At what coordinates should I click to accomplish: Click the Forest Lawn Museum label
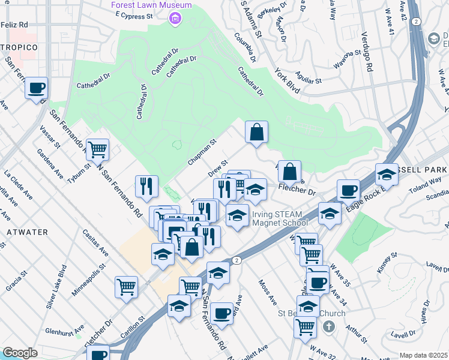tap(151, 5)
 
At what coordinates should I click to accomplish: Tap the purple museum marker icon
tap(175, 19)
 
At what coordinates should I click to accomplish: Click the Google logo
tap(20, 353)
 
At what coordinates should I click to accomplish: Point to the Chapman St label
tap(201, 153)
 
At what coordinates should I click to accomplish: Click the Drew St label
tap(218, 168)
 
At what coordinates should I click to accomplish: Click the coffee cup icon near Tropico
tap(37, 88)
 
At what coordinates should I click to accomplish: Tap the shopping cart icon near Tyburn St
tap(97, 149)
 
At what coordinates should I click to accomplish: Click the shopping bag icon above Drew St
tap(256, 131)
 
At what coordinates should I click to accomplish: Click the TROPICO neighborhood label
tap(19, 47)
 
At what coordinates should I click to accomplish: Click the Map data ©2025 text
tap(424, 355)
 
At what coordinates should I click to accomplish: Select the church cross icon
tap(328, 327)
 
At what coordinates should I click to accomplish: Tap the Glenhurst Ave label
tap(64, 331)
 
